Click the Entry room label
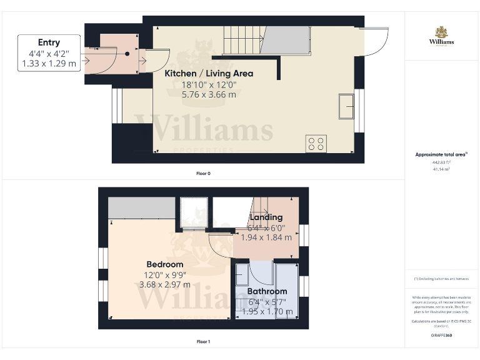[49, 42]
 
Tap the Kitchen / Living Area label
[209, 74]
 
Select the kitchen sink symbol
[346, 106]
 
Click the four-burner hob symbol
[316, 144]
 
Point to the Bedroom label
[165, 264]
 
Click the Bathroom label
[267, 291]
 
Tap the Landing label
[266, 217]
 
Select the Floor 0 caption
[202, 173]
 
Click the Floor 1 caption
[203, 342]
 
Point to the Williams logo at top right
[441, 36]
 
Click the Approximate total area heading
[441, 154]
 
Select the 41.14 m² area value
[441, 169]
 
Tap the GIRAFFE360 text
[441, 336]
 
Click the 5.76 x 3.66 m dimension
[209, 95]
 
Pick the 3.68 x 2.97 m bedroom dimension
[165, 285]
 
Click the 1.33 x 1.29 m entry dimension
[49, 63]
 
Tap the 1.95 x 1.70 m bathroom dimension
[267, 312]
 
